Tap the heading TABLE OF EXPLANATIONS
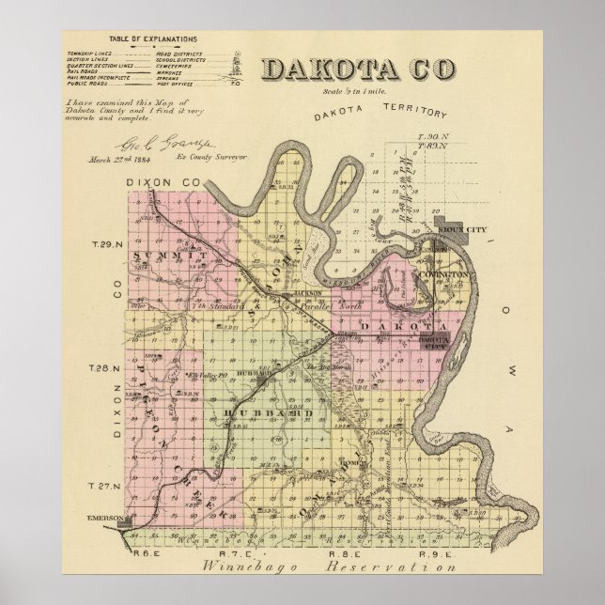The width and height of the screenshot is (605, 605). [151, 39]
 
